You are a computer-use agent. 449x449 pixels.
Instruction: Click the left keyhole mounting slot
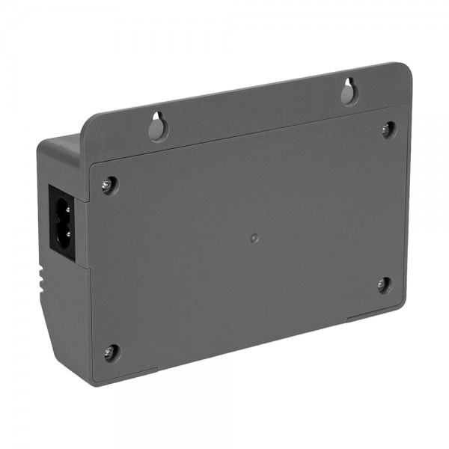[x=158, y=127]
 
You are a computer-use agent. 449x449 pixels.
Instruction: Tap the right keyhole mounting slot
[x=348, y=91]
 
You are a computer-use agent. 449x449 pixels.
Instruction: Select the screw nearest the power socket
[x=109, y=183]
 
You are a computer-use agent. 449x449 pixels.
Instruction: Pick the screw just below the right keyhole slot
[x=387, y=128]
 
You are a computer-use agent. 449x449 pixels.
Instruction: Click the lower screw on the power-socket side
[x=110, y=350]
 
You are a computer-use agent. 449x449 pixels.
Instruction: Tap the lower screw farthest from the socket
[x=383, y=284]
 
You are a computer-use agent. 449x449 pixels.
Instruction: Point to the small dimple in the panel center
[x=254, y=237]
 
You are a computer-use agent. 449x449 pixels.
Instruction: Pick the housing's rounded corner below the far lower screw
[x=400, y=307]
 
